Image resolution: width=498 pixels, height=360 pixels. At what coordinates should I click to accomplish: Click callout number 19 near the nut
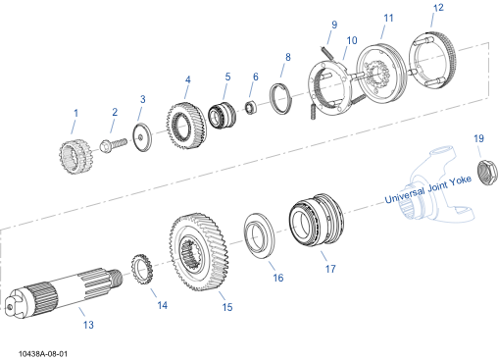(478, 138)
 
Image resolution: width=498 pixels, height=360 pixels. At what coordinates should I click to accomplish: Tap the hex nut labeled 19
(487, 172)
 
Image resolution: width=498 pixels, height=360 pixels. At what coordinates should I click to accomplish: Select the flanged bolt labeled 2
(114, 145)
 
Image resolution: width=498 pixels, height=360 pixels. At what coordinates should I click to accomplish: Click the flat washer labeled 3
(142, 137)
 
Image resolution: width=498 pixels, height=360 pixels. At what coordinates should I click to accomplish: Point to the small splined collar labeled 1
(75, 156)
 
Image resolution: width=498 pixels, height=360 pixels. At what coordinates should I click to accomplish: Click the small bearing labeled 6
(251, 108)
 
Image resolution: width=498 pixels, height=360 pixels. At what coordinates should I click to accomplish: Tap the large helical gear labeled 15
(199, 252)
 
